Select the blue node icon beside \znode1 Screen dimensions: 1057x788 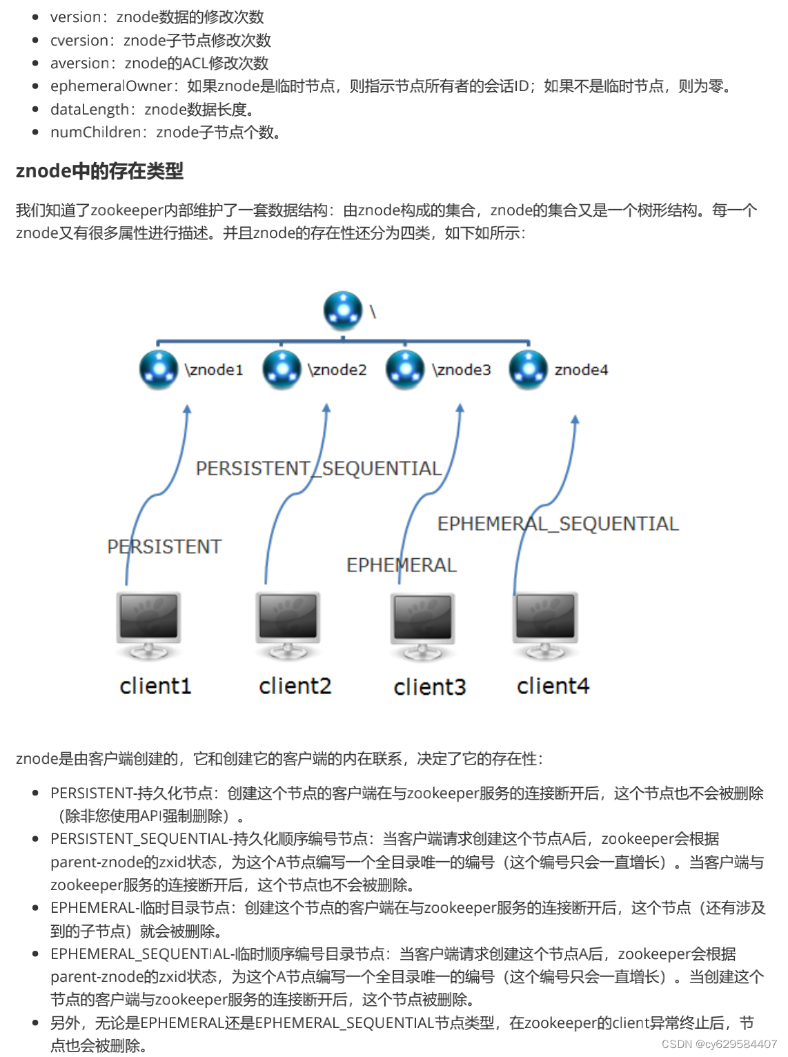click(x=159, y=369)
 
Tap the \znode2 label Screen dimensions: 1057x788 click(x=337, y=370)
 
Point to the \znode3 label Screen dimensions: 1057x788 click(x=462, y=370)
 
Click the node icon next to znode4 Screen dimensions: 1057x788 click(x=529, y=369)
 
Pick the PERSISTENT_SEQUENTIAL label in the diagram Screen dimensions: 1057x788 click(x=318, y=468)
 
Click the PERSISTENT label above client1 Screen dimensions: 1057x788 click(x=164, y=546)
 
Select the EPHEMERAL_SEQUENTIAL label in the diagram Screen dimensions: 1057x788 click(x=558, y=524)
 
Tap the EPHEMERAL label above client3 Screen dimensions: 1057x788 click(x=402, y=565)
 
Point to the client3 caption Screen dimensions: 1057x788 click(x=430, y=687)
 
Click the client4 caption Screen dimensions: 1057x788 click(x=553, y=686)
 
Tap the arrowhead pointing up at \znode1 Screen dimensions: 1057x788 click(x=187, y=410)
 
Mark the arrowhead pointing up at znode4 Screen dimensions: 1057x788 click(x=575, y=419)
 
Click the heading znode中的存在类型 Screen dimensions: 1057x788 click(x=99, y=171)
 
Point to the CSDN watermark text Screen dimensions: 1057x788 click(x=719, y=1044)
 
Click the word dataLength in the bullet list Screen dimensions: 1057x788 click(x=89, y=110)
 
